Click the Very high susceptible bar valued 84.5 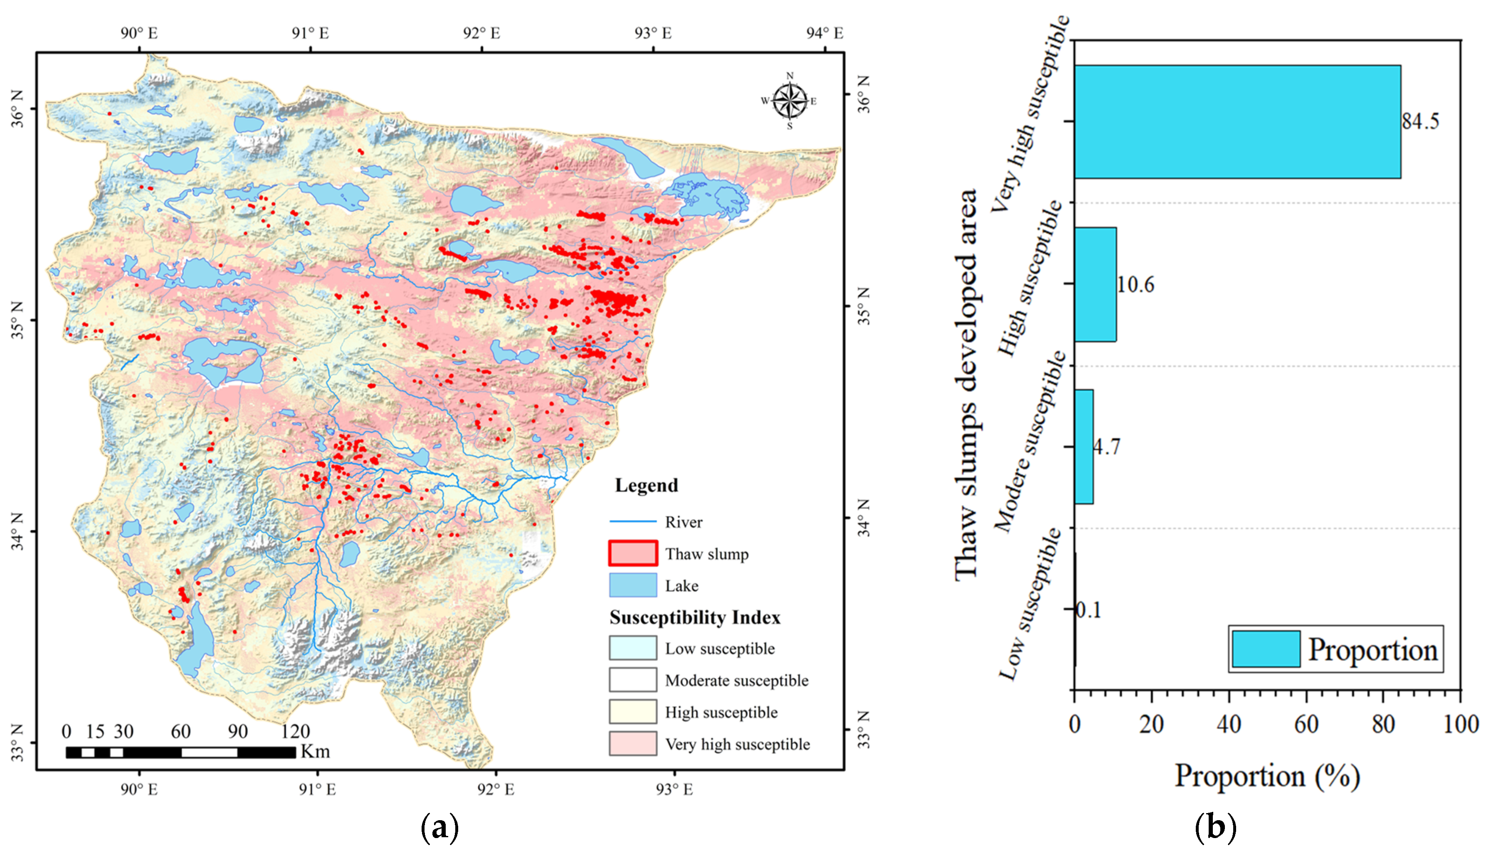(x=1237, y=121)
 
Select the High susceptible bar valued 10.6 (x=1095, y=284)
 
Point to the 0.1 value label (x=1089, y=610)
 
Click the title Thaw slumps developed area (x=967, y=384)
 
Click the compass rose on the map (x=790, y=101)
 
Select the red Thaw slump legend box (x=632, y=553)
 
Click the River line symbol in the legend (x=632, y=521)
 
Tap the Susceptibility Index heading (x=695, y=617)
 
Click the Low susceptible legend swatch (x=632, y=648)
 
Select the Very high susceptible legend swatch (x=632, y=743)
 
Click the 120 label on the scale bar (x=295, y=731)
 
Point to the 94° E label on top (x=824, y=33)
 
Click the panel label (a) (x=439, y=828)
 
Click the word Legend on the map (x=646, y=486)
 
